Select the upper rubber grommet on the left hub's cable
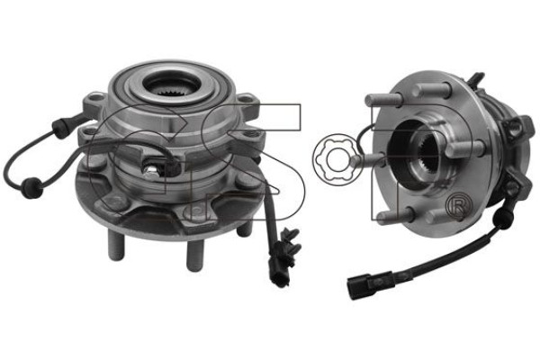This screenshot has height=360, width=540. click(x=59, y=128)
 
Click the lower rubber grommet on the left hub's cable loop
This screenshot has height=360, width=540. click(x=31, y=186)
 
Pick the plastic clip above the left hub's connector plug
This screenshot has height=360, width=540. click(x=291, y=242)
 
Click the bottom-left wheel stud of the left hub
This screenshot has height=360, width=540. click(x=115, y=246)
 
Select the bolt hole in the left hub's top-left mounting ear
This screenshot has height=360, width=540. click(x=95, y=100)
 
